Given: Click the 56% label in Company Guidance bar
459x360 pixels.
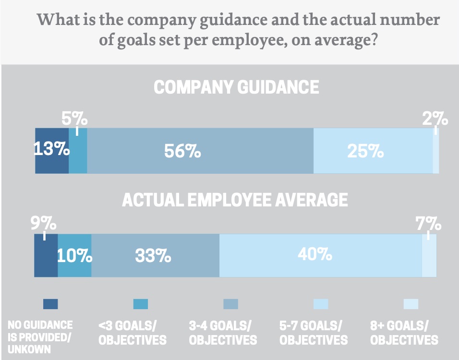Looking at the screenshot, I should click(x=182, y=152).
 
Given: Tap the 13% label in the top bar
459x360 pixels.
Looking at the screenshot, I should click(x=51, y=149).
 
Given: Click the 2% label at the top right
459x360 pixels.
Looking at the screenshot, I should click(x=435, y=119).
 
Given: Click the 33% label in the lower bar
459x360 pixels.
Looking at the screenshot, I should click(x=153, y=256).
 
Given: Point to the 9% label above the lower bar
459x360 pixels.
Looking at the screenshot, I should click(x=44, y=224).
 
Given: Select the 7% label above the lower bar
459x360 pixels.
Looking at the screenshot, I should click(x=428, y=224).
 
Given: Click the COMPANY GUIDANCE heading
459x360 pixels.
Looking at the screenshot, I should click(x=236, y=87).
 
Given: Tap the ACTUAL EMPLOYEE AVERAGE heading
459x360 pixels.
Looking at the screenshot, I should click(x=235, y=200).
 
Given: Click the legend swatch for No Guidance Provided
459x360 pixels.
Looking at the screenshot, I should click(x=50, y=304).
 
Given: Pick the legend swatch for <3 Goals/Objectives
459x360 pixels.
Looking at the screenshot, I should click(x=140, y=304).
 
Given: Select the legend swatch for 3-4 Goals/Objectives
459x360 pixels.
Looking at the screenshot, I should click(x=230, y=304).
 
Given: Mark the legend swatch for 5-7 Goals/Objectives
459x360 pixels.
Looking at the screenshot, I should click(x=321, y=304).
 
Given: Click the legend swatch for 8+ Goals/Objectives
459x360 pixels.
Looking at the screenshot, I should click(x=411, y=304).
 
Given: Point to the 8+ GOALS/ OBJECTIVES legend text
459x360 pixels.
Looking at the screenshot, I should click(x=404, y=333).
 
